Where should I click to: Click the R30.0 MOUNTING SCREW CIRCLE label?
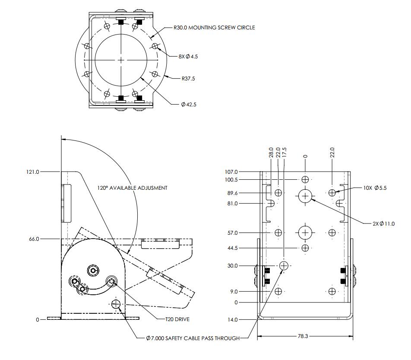pyautogui.click(x=214, y=27)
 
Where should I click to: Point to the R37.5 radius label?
pyautogui.click(x=188, y=79)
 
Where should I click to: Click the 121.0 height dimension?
pyautogui.click(x=33, y=172)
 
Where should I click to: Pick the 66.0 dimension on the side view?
pyautogui.click(x=34, y=239)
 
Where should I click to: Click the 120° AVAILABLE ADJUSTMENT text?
pyautogui.click(x=132, y=188)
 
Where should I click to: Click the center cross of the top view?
pyautogui.click(x=121, y=59)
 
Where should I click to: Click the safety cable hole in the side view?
pyautogui.click(x=116, y=304)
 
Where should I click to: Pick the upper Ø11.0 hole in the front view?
pyautogui.click(x=305, y=196)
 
